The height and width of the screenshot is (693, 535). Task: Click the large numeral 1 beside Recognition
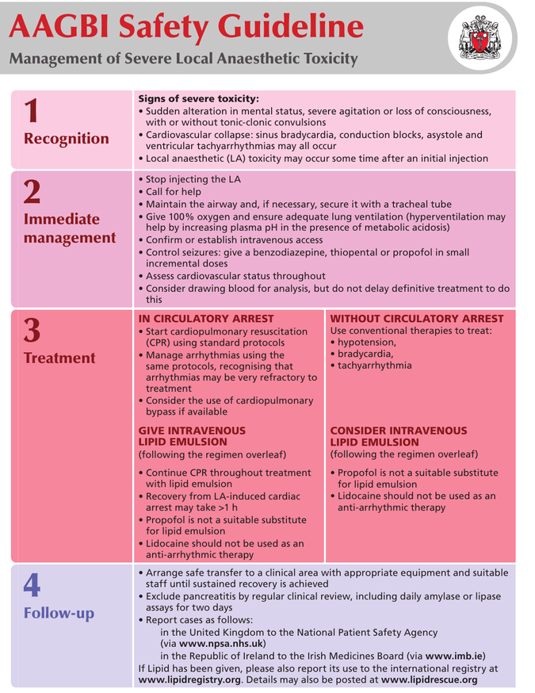click(32, 110)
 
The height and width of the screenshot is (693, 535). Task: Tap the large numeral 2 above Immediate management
click(32, 191)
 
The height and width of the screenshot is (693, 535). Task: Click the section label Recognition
click(67, 139)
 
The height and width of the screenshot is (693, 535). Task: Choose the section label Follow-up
click(59, 614)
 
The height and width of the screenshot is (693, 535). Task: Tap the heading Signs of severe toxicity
click(199, 98)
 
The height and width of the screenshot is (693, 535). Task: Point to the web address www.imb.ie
click(454, 656)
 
